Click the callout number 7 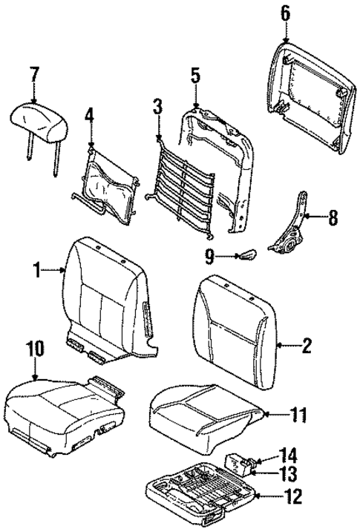click(x=33, y=76)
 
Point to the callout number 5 click(x=195, y=75)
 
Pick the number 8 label click(x=332, y=218)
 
